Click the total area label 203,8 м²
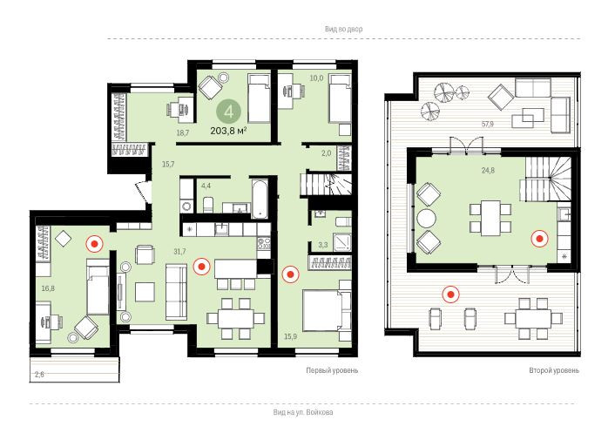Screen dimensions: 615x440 tap(228, 131)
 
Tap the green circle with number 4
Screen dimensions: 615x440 tap(228, 112)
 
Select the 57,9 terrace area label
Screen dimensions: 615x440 tap(488, 125)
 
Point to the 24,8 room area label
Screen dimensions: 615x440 tap(488, 170)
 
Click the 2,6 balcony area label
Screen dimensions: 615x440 tap(39, 374)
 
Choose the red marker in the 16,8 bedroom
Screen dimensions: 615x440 tap(95, 244)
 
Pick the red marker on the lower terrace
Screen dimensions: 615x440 tap(450, 294)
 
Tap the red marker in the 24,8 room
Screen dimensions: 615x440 tap(540, 239)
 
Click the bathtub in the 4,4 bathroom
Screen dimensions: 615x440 tap(260, 199)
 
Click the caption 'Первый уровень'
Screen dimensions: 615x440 tap(332, 370)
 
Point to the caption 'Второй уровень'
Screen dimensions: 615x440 tap(554, 370)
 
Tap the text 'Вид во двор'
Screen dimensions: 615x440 tap(343, 29)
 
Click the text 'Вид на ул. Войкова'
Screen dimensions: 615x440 tap(303, 412)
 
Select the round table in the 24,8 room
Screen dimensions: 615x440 tap(426, 219)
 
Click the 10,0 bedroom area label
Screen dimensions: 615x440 tap(316, 78)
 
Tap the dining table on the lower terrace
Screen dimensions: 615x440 tap(533, 319)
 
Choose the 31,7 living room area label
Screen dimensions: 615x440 tap(179, 252)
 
